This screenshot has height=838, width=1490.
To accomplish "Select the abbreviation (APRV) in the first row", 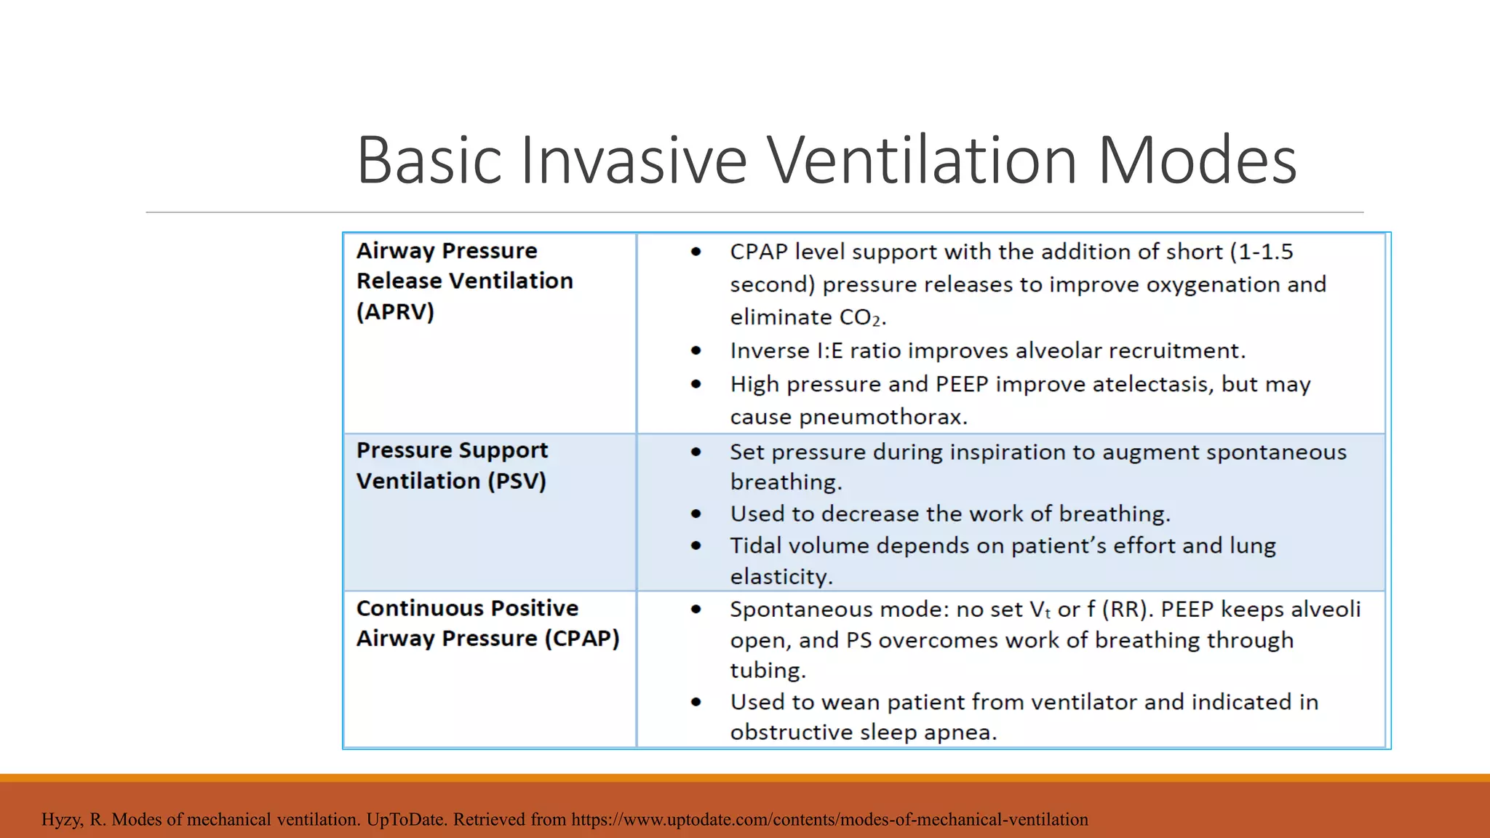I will point(395,311).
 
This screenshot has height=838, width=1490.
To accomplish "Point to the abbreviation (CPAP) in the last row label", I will point(582,638).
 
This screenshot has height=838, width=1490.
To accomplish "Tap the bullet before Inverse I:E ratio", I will point(696,351).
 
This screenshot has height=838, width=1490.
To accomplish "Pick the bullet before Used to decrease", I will point(696,514).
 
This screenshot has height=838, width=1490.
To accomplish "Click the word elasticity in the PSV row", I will point(781,577).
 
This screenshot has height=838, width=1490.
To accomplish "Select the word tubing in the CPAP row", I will point(768,670).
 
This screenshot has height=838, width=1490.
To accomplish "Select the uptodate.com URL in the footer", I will point(829,819).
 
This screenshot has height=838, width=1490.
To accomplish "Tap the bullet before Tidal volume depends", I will point(696,546).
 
